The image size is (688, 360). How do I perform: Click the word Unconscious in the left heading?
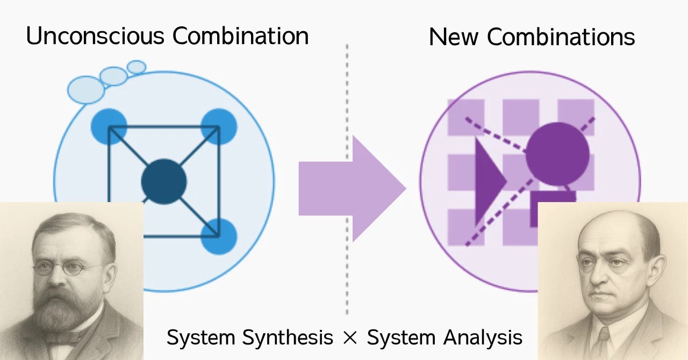pos(95,37)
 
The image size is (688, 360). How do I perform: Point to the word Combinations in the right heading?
pos(561,37)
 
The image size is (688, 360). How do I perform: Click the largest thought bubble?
pos(86,89)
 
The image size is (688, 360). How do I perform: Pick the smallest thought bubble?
pos(137,67)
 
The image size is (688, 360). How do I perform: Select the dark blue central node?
pos(164,182)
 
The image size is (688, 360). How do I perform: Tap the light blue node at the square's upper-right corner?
pos(219,126)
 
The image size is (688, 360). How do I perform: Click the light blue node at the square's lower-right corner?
pos(219,236)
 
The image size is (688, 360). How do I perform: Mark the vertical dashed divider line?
pos(347,161)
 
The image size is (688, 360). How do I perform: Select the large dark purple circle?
pos(557,154)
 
